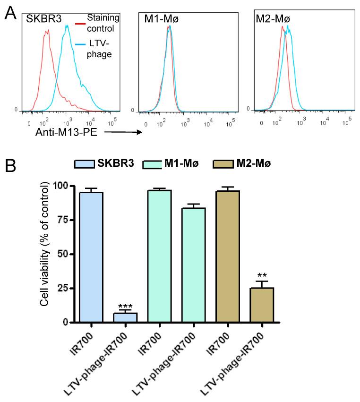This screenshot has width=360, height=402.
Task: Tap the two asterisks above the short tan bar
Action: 262,275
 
